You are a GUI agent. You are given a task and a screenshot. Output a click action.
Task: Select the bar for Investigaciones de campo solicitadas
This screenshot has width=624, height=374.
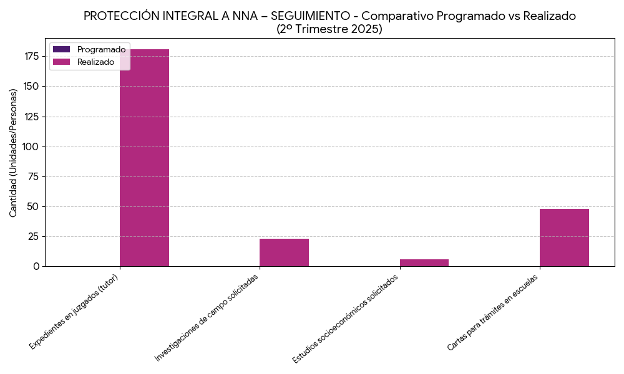click(x=284, y=252)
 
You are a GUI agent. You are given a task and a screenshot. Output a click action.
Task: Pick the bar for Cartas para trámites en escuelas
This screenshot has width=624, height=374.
click(x=564, y=237)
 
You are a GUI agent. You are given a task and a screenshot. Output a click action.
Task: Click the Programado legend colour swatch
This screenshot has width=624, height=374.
click(x=62, y=49)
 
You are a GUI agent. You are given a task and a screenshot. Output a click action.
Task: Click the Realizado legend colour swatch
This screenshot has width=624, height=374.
click(x=62, y=62)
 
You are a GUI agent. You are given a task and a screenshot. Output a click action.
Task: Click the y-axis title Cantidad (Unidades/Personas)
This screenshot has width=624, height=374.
click(x=13, y=153)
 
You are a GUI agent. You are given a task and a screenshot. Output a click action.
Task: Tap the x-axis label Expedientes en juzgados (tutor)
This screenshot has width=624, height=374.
click(x=74, y=311)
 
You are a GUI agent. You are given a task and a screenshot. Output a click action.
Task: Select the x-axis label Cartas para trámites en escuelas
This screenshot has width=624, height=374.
click(x=492, y=312)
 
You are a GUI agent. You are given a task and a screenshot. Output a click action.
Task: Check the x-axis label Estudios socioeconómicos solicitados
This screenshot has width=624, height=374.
click(x=345, y=319)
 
